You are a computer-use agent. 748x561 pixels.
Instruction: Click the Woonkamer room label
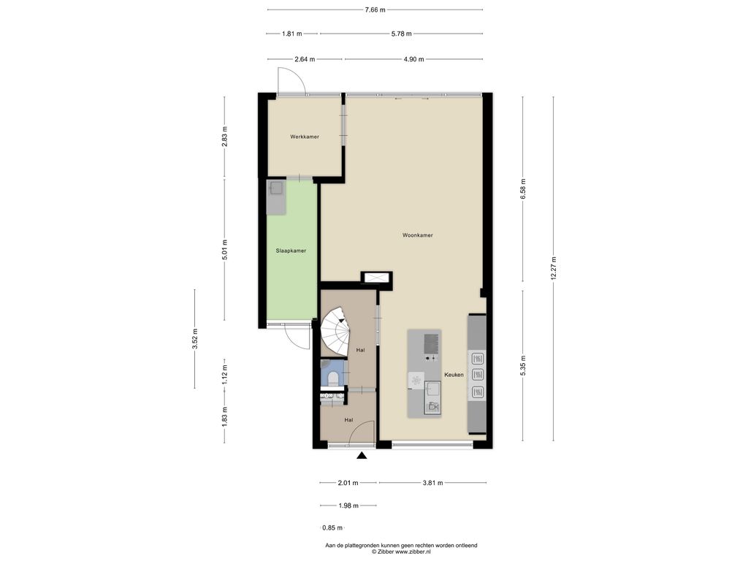tap(417, 235)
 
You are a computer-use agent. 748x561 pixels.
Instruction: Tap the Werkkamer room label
tap(305, 137)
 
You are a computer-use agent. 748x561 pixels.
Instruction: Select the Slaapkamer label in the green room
tap(291, 251)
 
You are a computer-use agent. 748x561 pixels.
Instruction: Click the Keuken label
tap(454, 375)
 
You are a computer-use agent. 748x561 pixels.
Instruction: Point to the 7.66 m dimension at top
tap(375, 9)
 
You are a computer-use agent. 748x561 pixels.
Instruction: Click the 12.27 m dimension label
tap(554, 268)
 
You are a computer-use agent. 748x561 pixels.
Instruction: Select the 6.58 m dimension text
tap(523, 189)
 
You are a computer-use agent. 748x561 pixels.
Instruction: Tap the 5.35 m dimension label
tap(523, 365)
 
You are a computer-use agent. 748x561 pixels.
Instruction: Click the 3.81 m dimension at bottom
tap(432, 483)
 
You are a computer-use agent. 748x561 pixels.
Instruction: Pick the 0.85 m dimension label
tap(332, 527)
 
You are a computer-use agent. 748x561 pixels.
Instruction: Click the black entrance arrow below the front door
tap(362, 456)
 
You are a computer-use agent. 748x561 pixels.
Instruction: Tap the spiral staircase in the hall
tap(336, 331)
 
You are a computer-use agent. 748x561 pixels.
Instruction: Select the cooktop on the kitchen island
tap(432, 343)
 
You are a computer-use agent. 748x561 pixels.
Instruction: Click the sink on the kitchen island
tap(432, 389)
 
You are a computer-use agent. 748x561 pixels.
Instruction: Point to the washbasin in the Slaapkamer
tap(276, 188)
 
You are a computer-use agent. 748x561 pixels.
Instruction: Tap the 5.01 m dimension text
tap(225, 250)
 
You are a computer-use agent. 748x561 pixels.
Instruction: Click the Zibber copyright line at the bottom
tap(401, 552)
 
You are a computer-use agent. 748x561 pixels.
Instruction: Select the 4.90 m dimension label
tap(413, 60)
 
